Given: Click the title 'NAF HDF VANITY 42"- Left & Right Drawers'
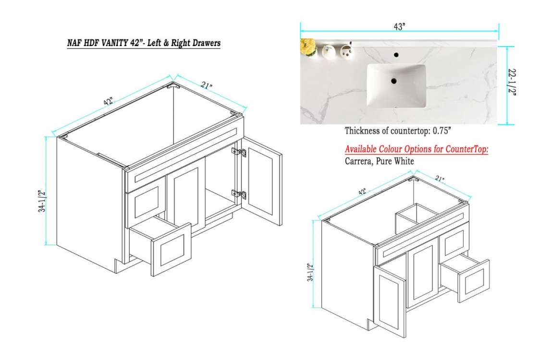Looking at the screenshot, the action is [144, 43].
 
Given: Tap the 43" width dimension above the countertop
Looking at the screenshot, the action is [399, 27].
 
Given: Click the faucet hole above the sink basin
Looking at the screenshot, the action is [396, 54].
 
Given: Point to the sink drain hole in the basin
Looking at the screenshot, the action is [393, 81].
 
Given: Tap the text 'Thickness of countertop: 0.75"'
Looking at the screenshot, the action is [398, 131].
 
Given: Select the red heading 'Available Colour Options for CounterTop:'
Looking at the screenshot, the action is [417, 149].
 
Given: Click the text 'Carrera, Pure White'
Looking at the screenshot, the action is [379, 161].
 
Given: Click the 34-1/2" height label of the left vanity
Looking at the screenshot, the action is [42, 201].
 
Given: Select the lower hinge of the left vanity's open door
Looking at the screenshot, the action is [239, 194].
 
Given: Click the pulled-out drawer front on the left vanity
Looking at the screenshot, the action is [171, 250].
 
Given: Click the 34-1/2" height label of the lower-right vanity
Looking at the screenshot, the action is [311, 272].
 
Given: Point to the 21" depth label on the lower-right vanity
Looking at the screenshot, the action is [439, 179].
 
